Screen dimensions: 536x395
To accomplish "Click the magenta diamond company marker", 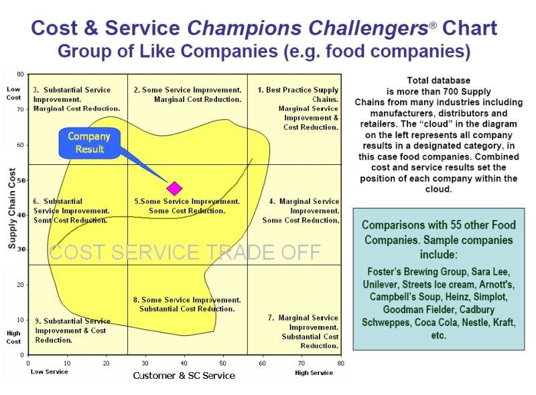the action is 175,188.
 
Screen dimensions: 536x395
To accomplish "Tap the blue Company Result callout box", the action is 90,143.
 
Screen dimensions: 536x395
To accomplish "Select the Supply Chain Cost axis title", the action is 12,208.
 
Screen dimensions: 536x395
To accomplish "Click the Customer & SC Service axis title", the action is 184,376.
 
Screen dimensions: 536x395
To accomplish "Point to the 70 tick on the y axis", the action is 20,109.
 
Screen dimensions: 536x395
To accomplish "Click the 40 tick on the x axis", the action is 184,363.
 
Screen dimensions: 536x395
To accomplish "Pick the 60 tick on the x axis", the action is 262,363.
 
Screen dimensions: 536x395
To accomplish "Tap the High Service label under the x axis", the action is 314,373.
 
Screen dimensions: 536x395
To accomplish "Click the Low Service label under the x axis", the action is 49,372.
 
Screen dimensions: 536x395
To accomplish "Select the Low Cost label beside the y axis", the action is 13,93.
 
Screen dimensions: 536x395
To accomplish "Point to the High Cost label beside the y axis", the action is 13,337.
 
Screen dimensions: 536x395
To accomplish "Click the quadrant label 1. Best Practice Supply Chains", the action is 297,95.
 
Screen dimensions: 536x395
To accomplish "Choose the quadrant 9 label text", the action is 72,331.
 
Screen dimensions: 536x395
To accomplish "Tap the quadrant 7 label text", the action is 303,332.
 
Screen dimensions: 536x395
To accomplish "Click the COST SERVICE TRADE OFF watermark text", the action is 185,252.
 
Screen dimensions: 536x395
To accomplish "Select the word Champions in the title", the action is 245,27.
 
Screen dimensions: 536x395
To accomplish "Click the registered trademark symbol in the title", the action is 433,25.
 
